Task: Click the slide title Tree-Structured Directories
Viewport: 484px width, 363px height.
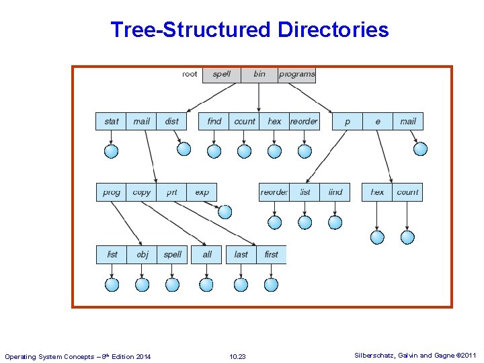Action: click(249, 30)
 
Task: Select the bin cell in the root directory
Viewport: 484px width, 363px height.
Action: click(259, 74)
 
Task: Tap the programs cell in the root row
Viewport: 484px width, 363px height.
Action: click(296, 74)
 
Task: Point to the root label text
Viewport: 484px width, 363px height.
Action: click(190, 74)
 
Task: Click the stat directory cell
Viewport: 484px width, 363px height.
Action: click(111, 121)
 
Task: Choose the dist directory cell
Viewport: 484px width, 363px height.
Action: click(172, 121)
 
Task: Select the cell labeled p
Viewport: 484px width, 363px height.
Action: click(348, 121)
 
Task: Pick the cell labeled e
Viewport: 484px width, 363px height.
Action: click(378, 121)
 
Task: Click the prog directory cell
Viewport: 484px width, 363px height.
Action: click(112, 192)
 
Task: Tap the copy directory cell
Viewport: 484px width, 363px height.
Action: click(142, 192)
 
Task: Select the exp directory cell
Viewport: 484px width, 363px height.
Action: click(202, 192)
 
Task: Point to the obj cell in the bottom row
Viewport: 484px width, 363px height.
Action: click(143, 255)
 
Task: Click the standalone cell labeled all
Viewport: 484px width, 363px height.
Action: click(207, 255)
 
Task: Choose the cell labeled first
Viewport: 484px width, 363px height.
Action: click(272, 255)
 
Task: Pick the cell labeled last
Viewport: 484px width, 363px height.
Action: click(241, 255)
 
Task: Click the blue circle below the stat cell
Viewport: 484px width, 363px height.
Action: click(112, 151)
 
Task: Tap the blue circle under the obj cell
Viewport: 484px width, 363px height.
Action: click(143, 284)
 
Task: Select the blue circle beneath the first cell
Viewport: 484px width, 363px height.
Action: click(272, 284)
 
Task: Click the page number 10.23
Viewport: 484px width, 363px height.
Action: click(237, 356)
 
